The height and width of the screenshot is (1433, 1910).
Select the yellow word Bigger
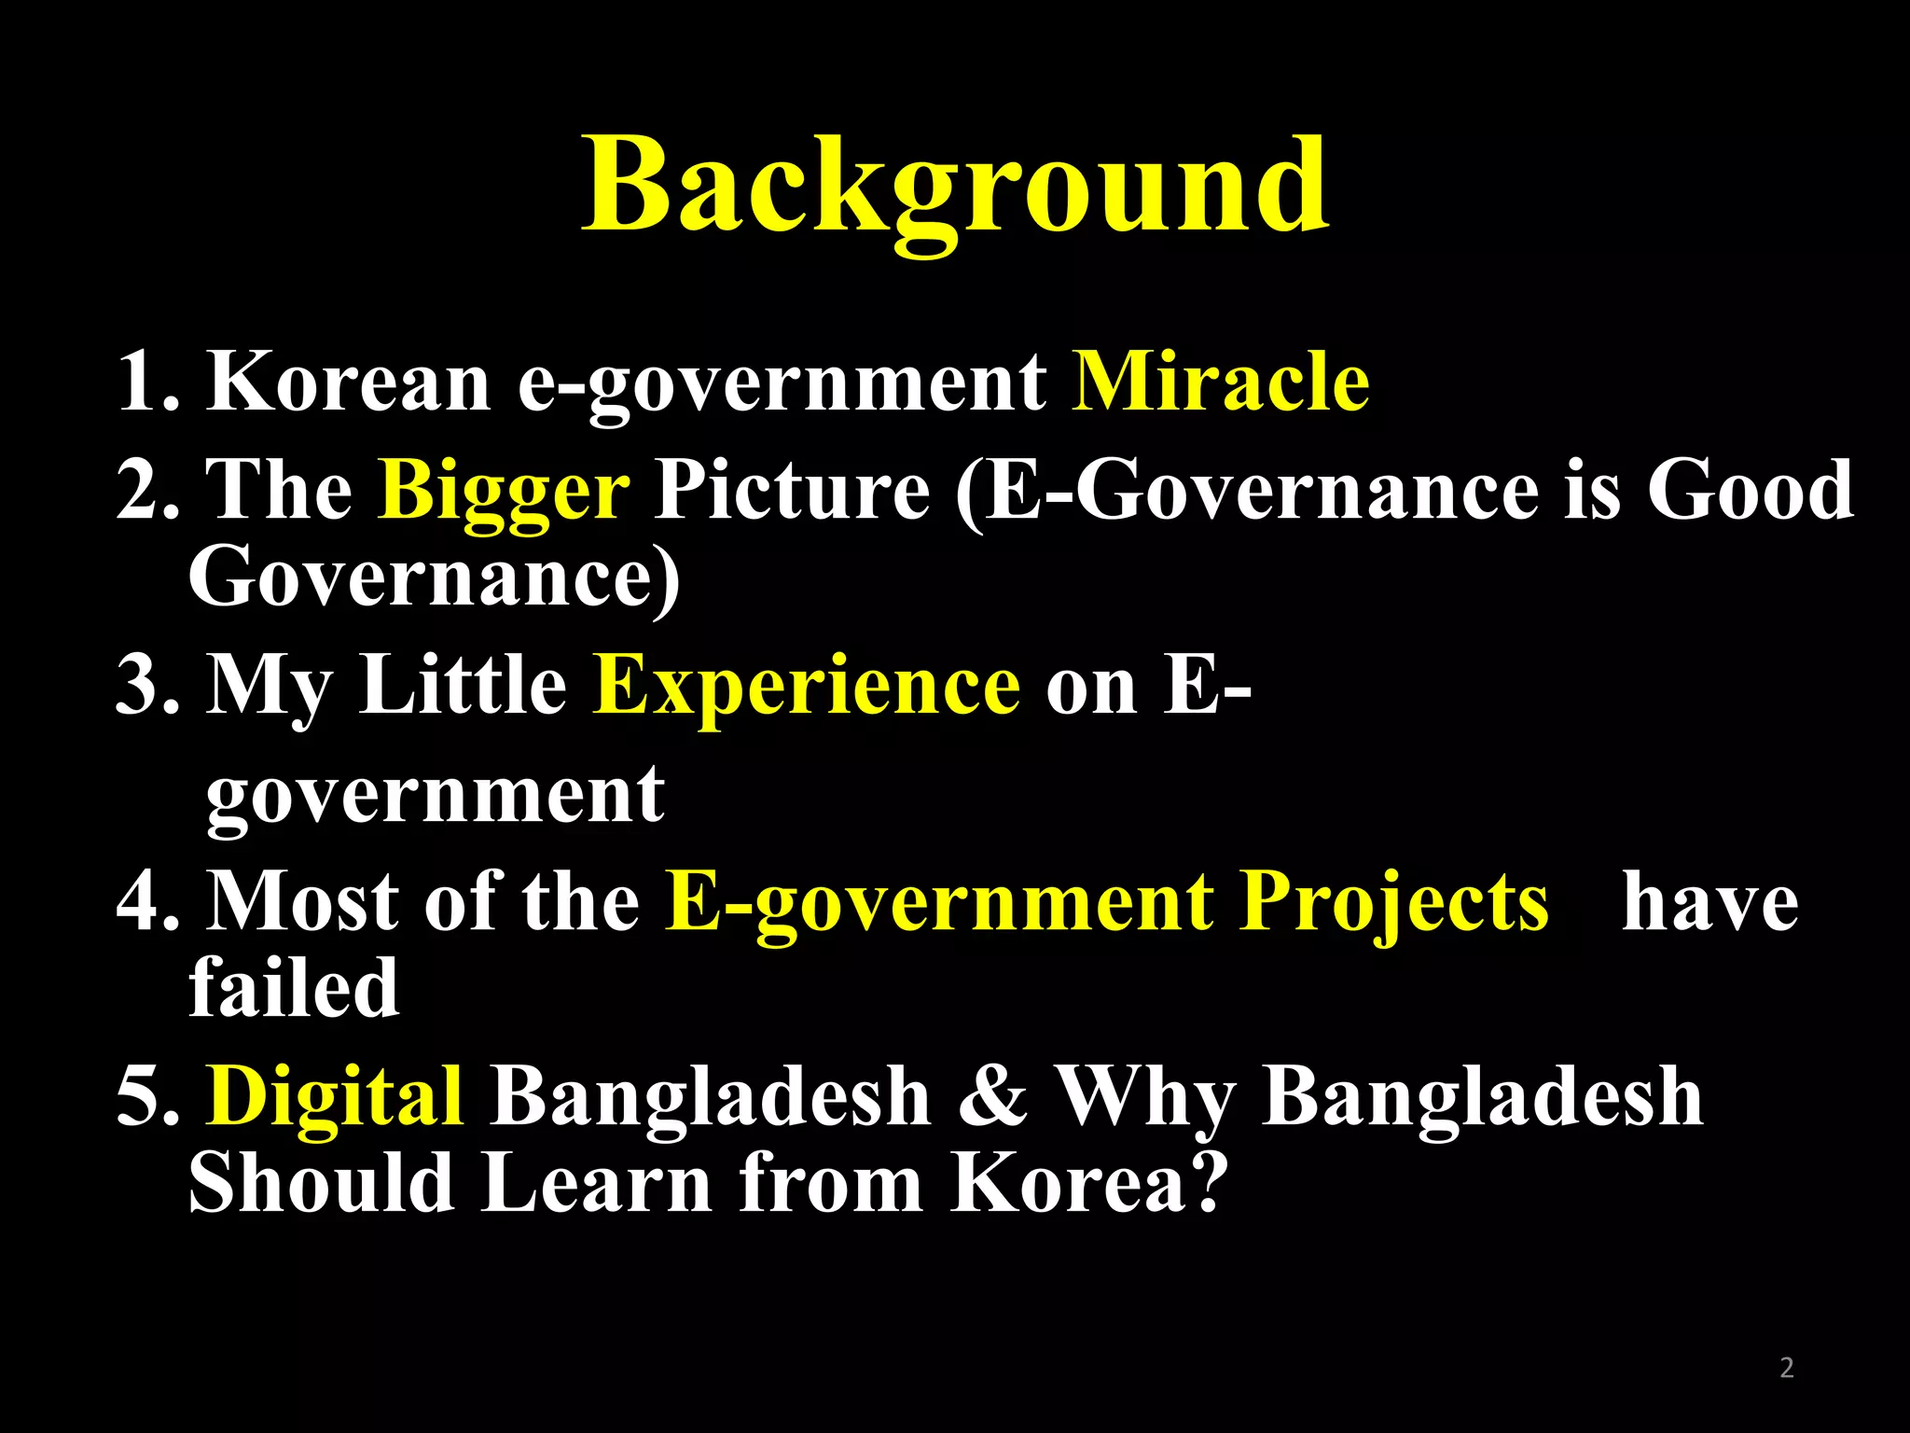(505, 491)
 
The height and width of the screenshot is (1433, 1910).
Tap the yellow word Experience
(807, 686)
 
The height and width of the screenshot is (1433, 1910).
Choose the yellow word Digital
(335, 1095)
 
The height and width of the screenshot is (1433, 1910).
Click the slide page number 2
(1786, 1368)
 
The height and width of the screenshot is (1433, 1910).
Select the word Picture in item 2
(792, 489)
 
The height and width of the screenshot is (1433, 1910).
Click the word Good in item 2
(1750, 489)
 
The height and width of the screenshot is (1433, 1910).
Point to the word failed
(294, 987)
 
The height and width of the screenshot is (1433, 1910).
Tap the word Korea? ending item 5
(1086, 1183)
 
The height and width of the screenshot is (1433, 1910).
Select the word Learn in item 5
(596, 1183)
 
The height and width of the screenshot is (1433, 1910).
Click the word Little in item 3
(463, 685)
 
